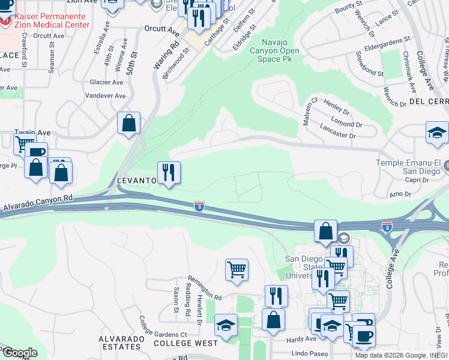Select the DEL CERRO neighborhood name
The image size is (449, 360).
[429, 101]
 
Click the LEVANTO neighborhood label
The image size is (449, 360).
[136, 180]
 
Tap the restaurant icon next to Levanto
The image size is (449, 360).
[169, 173]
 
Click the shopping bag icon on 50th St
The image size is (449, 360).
[128, 123]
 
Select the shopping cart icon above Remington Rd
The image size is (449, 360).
[237, 269]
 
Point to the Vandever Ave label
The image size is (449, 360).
[105, 95]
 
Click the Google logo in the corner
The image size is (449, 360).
[19, 353]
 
